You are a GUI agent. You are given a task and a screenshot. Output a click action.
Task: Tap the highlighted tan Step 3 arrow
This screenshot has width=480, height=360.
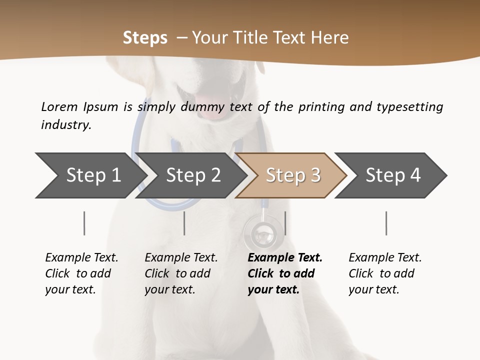[292, 175]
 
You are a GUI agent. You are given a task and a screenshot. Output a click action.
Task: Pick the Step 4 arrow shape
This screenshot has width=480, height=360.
[392, 175]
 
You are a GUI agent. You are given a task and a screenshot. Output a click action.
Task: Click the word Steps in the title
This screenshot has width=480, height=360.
[145, 38]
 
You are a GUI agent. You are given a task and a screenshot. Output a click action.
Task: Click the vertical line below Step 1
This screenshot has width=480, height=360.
[84, 223]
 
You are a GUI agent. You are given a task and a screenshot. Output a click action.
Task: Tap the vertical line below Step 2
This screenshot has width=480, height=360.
[184, 223]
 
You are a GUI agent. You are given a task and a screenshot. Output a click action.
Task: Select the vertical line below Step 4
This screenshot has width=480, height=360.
[386, 223]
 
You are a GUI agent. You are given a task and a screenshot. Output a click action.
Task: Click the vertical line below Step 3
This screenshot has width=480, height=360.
[285, 223]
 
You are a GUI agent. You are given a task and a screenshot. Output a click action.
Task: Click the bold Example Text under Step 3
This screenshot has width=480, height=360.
[285, 258]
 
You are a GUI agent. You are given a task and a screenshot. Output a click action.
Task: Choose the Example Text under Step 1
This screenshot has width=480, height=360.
[81, 258]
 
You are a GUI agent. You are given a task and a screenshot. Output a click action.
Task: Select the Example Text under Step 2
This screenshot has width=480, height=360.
[181, 258]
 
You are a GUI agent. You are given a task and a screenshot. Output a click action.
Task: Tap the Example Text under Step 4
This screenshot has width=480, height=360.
[385, 258]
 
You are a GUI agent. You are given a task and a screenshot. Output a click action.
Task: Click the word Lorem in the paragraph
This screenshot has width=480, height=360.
[59, 107]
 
